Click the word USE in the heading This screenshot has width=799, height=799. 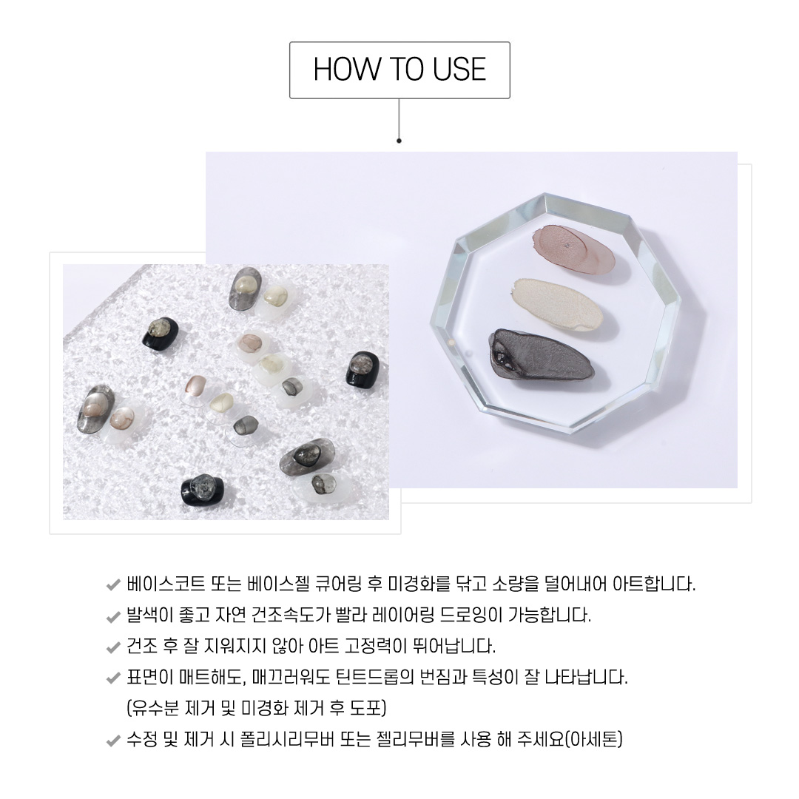(x=459, y=70)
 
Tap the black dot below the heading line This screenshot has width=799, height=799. (x=399, y=141)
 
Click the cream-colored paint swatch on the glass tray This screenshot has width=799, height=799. (x=559, y=304)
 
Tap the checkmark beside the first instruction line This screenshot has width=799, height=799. (x=113, y=584)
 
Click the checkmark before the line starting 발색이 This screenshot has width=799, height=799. (x=113, y=616)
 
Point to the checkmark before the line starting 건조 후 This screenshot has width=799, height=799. (x=113, y=647)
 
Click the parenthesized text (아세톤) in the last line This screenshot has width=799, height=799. (x=594, y=739)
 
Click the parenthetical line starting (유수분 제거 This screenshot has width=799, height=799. (x=256, y=708)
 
